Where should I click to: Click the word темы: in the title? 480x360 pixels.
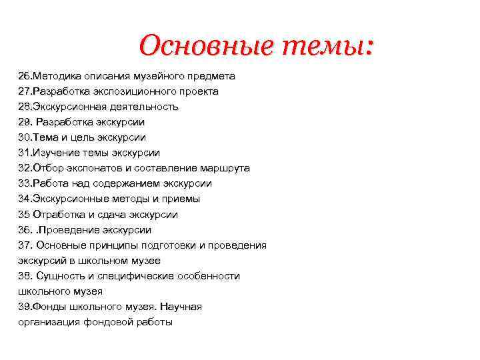pos(329,46)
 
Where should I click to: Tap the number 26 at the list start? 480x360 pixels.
pos(24,76)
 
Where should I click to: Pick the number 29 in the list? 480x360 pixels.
pos(24,122)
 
